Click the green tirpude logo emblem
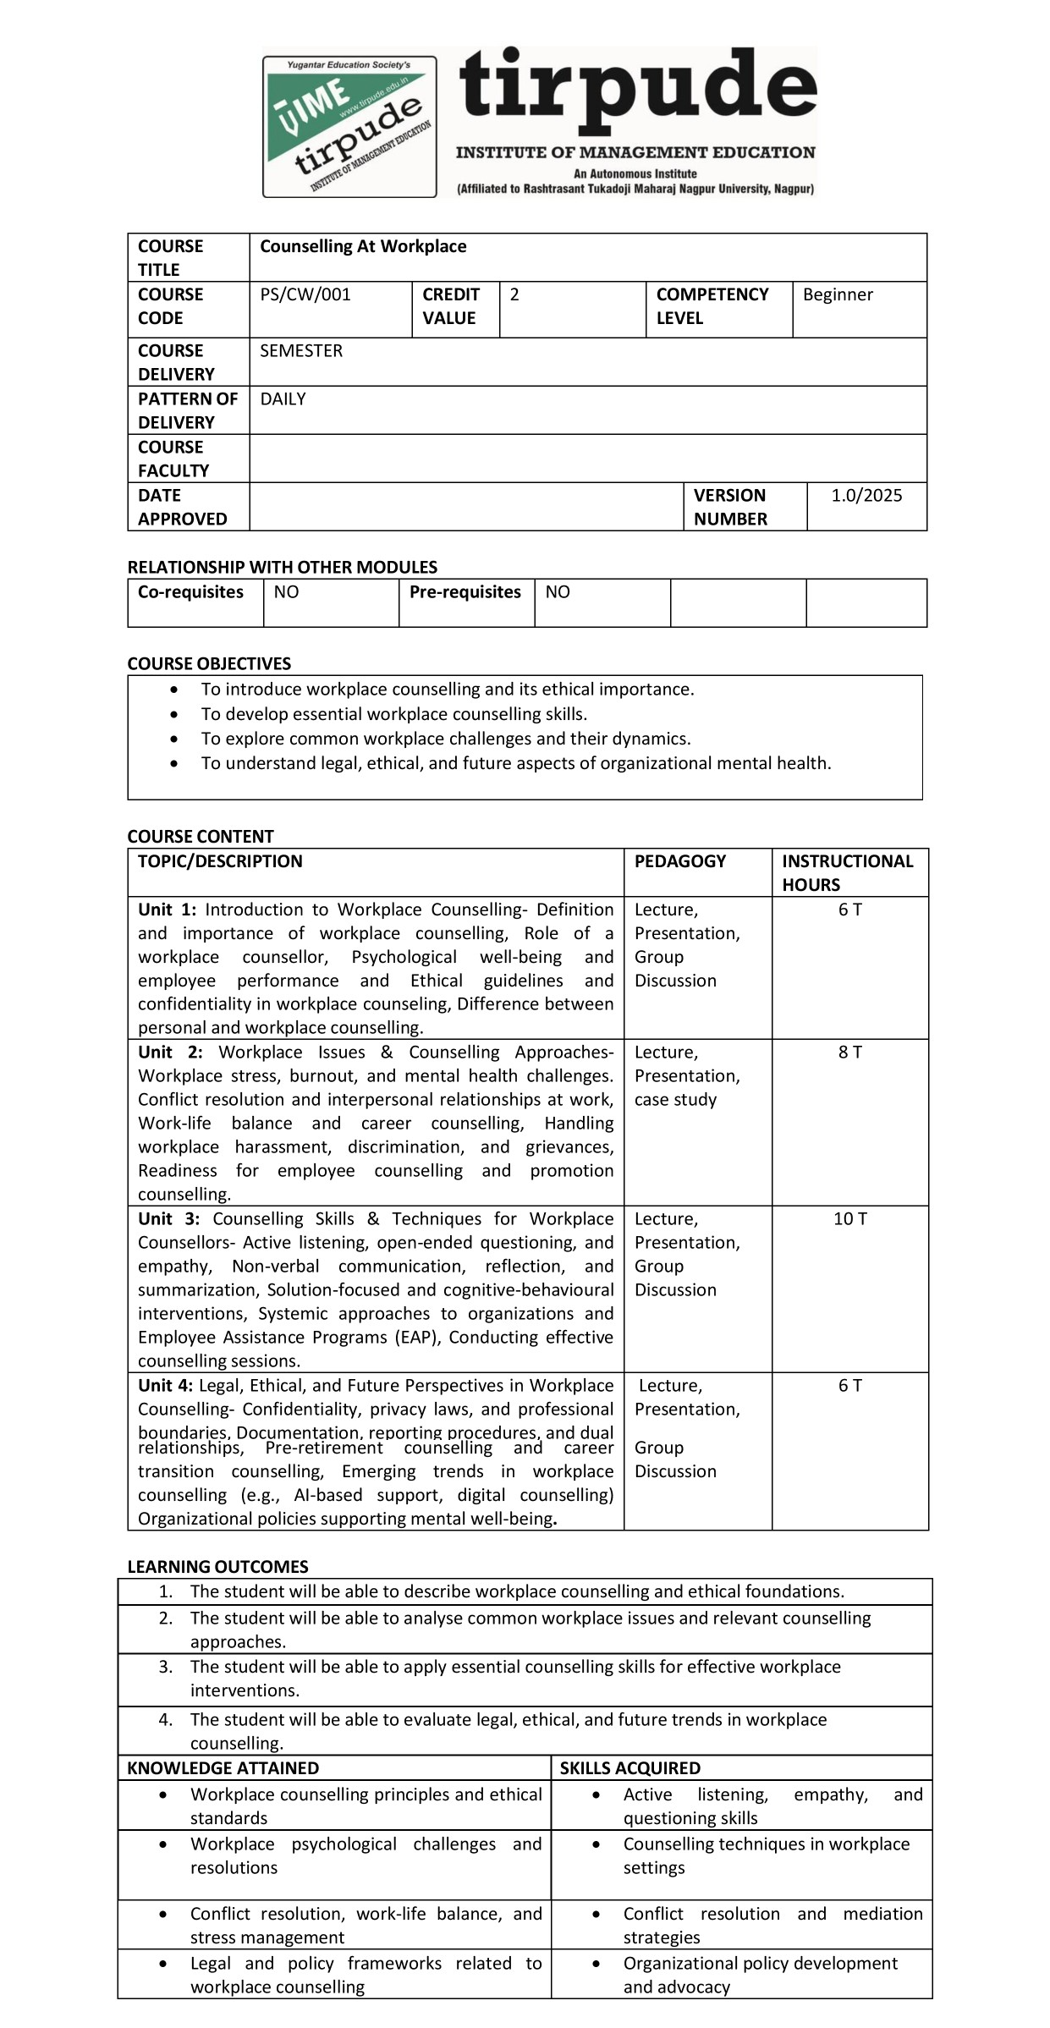349,127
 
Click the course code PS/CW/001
305,294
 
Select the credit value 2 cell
514,294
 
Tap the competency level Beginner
838,294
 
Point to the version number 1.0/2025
866,495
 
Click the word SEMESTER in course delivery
301,350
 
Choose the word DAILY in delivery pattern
283,398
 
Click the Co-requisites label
190,591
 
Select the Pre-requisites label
465,591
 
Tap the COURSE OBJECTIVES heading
209,663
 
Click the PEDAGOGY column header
680,861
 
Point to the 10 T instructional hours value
849,1218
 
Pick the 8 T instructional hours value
849,1052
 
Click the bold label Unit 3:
169,1218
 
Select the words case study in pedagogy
675,1099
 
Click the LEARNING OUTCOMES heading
217,1566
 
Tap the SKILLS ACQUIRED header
629,1767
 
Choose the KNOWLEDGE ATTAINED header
223,1767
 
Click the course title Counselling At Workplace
363,246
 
